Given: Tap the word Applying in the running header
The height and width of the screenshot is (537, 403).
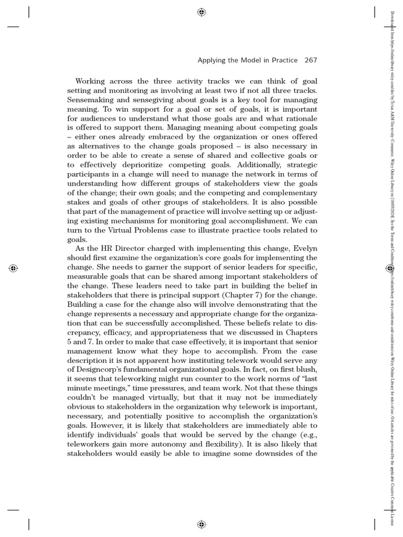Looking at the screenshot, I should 211,60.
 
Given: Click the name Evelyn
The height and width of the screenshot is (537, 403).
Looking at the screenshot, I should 304,248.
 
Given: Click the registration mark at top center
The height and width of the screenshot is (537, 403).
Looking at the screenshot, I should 201,13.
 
